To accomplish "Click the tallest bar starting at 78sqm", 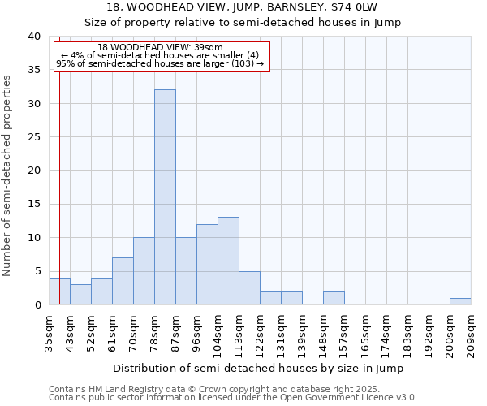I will pos(165,197).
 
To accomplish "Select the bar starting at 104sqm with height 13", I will pos(228,261).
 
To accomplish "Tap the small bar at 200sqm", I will pos(460,301).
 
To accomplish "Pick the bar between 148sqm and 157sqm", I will pos(334,298).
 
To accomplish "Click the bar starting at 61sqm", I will pos(123,281).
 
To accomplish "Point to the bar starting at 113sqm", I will pos(249,287).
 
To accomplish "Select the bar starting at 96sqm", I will pos(207,264).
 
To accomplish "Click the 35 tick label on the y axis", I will pos(33,70).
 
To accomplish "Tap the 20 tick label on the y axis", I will pos(33,171).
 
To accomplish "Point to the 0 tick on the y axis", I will pos(37,305).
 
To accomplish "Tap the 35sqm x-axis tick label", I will pos(50,333).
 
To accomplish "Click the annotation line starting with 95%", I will pos(160,63).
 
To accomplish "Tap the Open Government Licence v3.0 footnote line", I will pos(233,397).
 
